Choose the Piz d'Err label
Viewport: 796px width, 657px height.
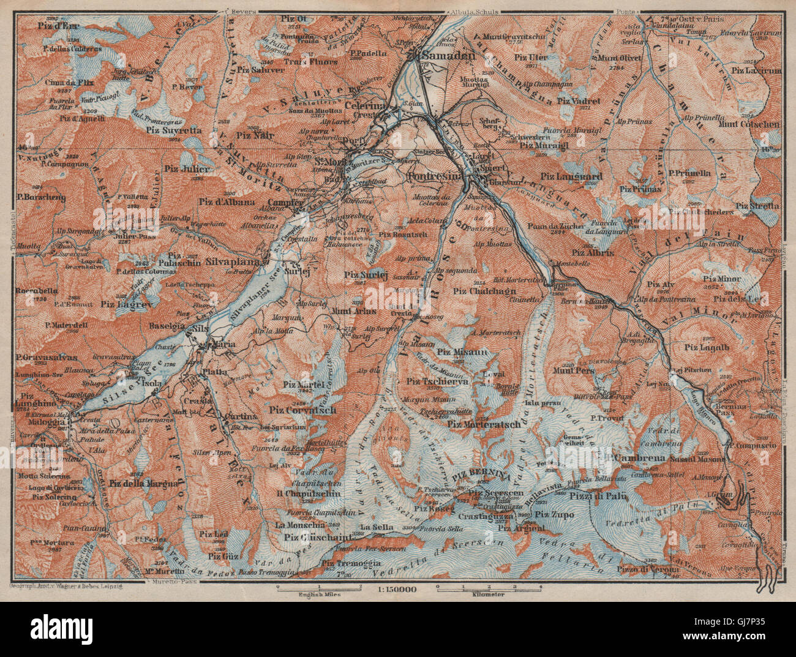[x=58, y=26]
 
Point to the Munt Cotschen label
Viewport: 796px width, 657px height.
[x=752, y=124]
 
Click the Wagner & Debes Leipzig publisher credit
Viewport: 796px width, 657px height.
[x=67, y=586]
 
